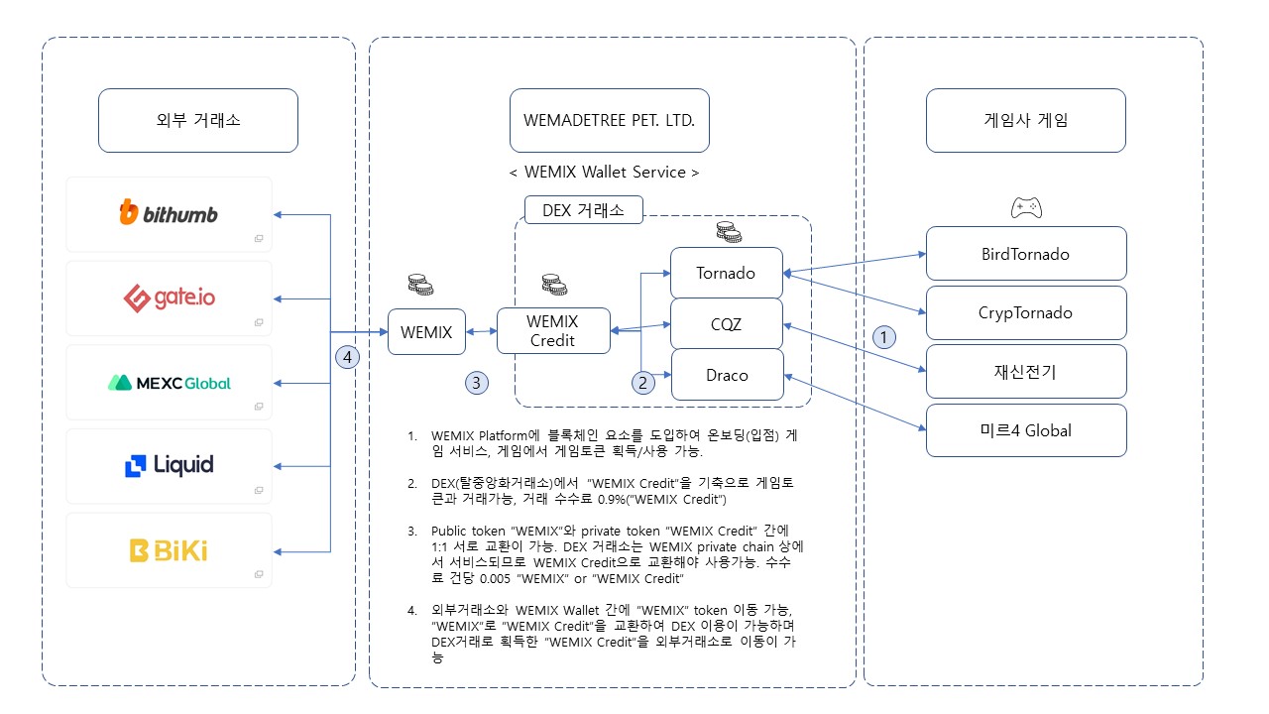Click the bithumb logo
click(x=168, y=213)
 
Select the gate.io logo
click(x=168, y=297)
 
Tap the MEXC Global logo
click(x=168, y=382)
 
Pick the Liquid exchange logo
click(x=168, y=465)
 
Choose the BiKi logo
click(x=168, y=549)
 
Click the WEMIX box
click(x=426, y=332)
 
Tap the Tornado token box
click(x=727, y=273)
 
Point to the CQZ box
click(x=727, y=323)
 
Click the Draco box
click(x=727, y=375)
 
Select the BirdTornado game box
click(x=1025, y=254)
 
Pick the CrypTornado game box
click(x=1025, y=313)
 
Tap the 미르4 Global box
click(x=1025, y=430)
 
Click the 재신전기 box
click(x=1025, y=372)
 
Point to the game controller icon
click(x=1025, y=208)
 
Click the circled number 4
click(x=346, y=356)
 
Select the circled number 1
click(x=883, y=337)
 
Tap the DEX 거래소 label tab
click(x=583, y=210)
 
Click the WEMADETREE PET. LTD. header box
click(x=609, y=121)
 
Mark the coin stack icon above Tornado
click(x=729, y=233)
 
